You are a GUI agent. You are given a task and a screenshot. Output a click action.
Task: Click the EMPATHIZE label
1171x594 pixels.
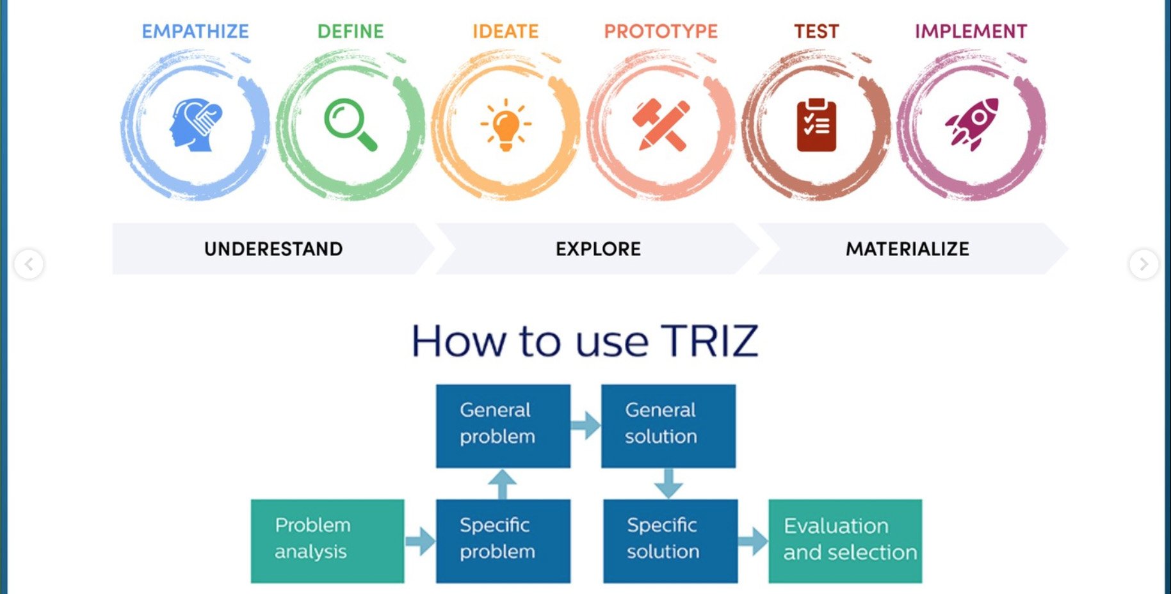(x=195, y=31)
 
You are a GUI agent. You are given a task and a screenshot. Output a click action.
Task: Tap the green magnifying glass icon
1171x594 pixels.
(x=350, y=124)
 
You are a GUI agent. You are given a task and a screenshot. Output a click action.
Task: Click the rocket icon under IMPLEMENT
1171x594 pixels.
(x=972, y=124)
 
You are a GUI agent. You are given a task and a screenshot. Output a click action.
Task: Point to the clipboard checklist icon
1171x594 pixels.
(x=816, y=125)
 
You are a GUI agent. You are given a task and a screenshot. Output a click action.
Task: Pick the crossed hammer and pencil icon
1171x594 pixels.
(x=661, y=125)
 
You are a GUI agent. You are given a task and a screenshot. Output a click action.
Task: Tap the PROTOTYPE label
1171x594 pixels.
(x=661, y=31)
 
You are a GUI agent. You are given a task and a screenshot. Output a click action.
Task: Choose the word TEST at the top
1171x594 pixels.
(x=816, y=31)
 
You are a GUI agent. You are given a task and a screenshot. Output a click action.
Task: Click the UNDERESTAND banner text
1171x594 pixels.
(x=273, y=249)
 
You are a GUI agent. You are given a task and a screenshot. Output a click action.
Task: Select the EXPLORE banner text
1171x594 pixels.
(x=598, y=249)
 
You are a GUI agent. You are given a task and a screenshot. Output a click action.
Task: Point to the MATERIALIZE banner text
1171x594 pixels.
(x=907, y=249)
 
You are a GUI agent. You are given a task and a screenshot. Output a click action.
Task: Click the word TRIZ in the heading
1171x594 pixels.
(x=709, y=341)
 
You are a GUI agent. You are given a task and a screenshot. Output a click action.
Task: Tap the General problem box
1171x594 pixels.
(x=503, y=426)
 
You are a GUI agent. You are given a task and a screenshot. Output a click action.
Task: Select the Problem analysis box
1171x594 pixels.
(x=327, y=541)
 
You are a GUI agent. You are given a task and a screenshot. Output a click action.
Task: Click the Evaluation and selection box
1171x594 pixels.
(x=845, y=541)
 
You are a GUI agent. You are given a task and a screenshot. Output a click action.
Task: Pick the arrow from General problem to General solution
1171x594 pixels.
(x=585, y=425)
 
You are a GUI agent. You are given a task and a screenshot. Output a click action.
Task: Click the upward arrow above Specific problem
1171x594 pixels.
(x=503, y=484)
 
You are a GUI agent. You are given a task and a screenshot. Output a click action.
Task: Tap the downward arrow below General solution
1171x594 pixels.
(x=668, y=484)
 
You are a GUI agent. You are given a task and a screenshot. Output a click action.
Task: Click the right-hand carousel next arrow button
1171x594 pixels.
(x=1143, y=264)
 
